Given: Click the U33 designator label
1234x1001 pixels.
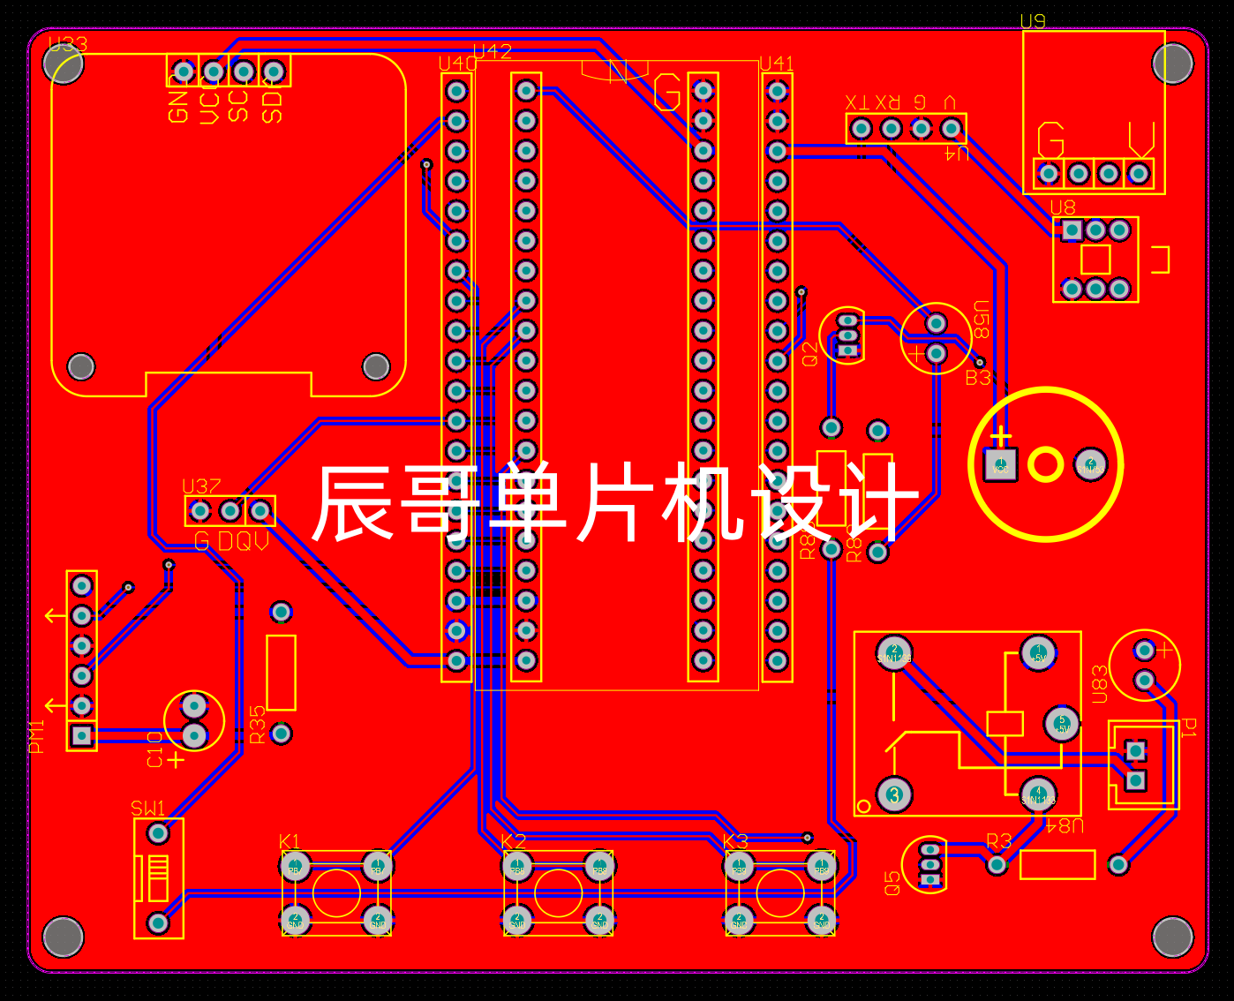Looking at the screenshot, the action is pyautogui.click(x=68, y=44).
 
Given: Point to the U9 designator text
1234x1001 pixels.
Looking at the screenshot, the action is pyautogui.click(x=1033, y=21).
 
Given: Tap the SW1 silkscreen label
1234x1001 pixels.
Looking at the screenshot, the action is pyautogui.click(x=147, y=809).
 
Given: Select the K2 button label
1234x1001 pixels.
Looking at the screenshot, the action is pyautogui.click(x=513, y=841).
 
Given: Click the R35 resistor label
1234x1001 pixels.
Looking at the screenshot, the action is pyautogui.click(x=257, y=725).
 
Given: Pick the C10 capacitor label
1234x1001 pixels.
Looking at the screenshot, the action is pyautogui.click(x=155, y=749).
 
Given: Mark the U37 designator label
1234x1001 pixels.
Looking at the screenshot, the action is pyautogui.click(x=201, y=486).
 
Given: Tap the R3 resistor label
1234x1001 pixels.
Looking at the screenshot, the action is pyautogui.click(x=998, y=841).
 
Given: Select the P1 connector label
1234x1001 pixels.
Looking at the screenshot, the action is pyautogui.click(x=1189, y=728).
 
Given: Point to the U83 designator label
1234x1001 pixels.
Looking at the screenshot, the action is pyautogui.click(x=1100, y=684).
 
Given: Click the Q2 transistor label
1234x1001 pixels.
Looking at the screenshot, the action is pyautogui.click(x=810, y=354).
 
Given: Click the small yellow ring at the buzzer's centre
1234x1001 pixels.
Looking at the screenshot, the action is pyautogui.click(x=1045, y=464).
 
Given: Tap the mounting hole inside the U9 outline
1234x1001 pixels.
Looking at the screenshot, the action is pyautogui.click(x=1172, y=63).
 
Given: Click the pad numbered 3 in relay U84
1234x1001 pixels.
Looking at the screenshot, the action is pyautogui.click(x=894, y=794).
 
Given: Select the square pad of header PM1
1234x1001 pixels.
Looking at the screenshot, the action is pyautogui.click(x=82, y=735).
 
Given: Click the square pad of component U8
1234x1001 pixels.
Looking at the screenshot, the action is pyautogui.click(x=1072, y=230).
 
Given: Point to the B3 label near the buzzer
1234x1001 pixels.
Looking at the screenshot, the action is pyautogui.click(x=977, y=379).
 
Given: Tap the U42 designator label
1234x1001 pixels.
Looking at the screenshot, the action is pyautogui.click(x=493, y=51).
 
